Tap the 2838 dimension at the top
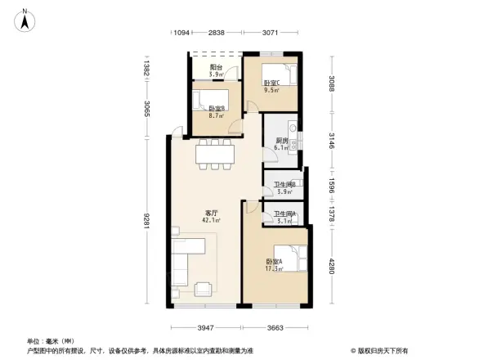click(216, 33)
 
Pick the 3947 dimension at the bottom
click(205, 327)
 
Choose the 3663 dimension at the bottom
click(274, 327)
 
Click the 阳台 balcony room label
click(216, 70)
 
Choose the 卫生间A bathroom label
click(284, 217)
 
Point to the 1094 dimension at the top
click(181, 33)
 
